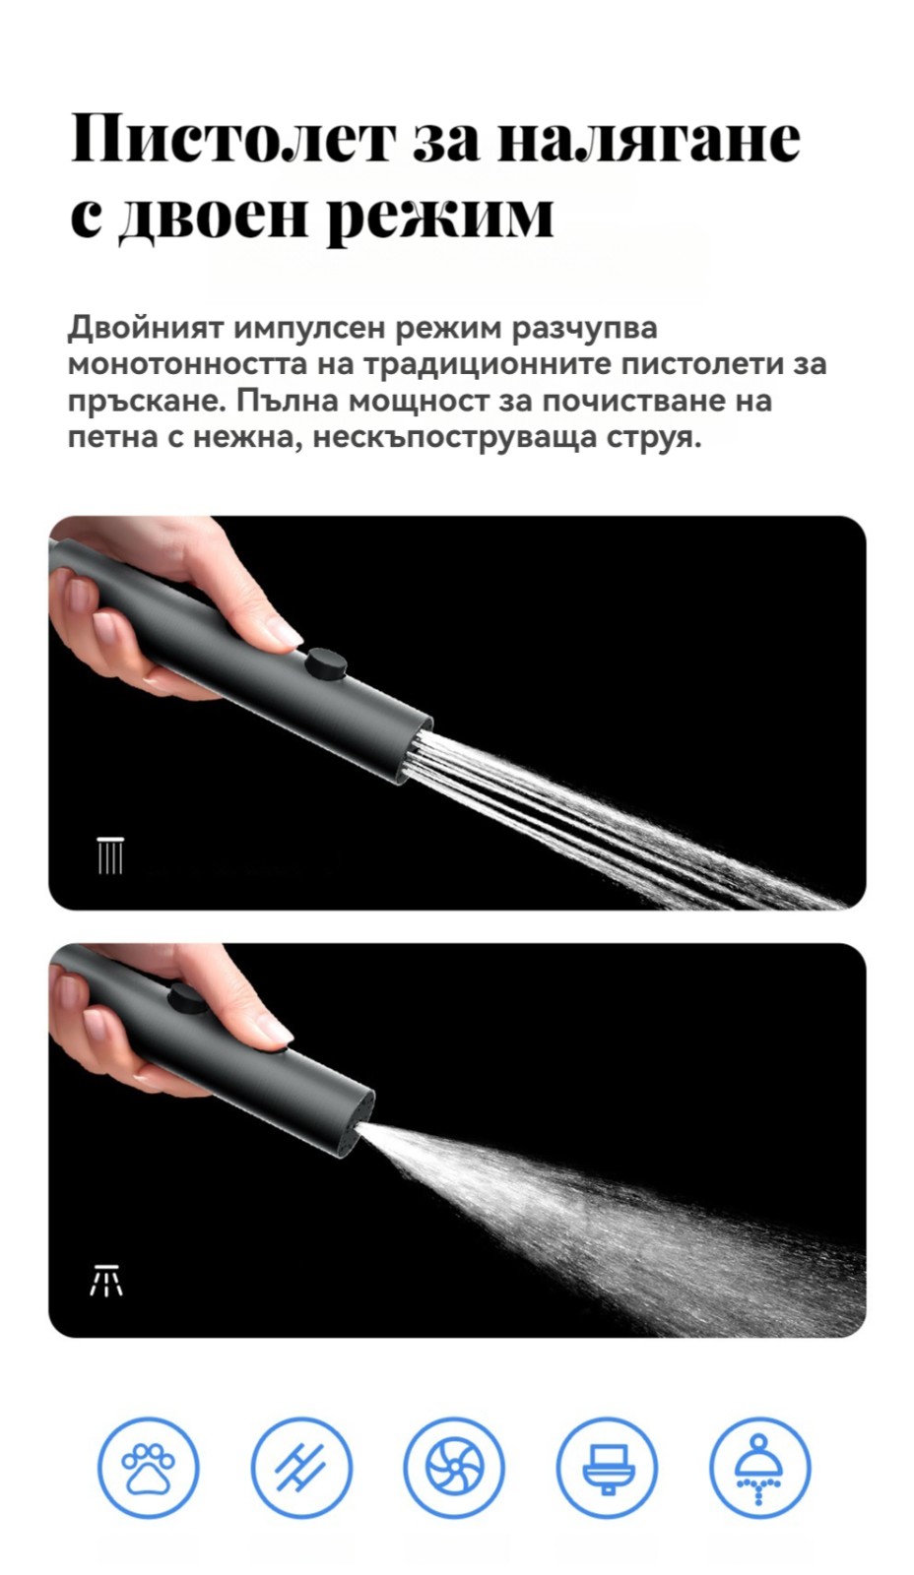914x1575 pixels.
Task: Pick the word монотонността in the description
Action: [x=188, y=365]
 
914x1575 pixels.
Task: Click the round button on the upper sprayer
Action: [x=326, y=662]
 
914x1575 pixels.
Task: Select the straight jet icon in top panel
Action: [x=109, y=855]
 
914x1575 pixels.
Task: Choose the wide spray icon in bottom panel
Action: [x=106, y=1280]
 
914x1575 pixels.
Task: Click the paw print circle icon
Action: [x=149, y=1468]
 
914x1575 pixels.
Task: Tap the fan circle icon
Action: [x=454, y=1468]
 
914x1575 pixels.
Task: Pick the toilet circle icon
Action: [x=607, y=1468]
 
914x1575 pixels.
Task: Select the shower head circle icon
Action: [x=760, y=1468]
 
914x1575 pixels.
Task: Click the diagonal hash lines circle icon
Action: [x=301, y=1468]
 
